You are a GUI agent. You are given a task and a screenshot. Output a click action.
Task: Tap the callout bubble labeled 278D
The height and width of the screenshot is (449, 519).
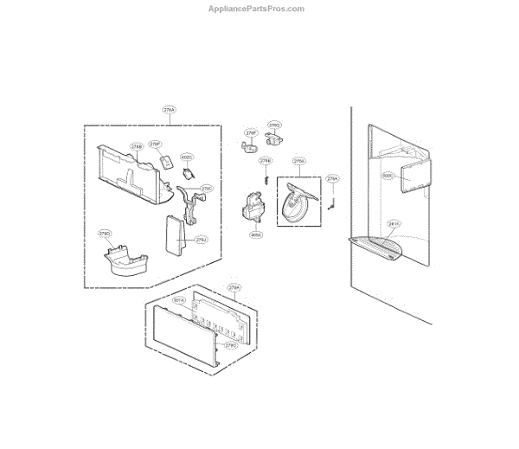click(105, 234)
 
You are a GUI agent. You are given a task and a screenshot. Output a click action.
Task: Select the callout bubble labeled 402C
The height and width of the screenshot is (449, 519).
click(187, 157)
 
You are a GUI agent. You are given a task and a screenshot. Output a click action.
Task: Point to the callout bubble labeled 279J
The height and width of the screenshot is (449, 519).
click(201, 240)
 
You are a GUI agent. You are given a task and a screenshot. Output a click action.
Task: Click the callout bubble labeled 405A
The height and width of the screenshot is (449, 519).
click(256, 234)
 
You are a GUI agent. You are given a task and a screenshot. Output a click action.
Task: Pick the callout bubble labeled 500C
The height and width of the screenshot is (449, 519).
click(387, 175)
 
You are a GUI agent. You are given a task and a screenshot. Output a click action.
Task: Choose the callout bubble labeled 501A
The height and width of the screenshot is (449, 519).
click(180, 300)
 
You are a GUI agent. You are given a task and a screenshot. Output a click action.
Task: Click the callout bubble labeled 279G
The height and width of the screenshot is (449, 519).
click(274, 125)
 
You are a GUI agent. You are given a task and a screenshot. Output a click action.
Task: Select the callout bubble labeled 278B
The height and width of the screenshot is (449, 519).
click(137, 147)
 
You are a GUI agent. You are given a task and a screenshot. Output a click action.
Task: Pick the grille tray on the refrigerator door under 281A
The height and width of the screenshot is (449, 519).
click(379, 247)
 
